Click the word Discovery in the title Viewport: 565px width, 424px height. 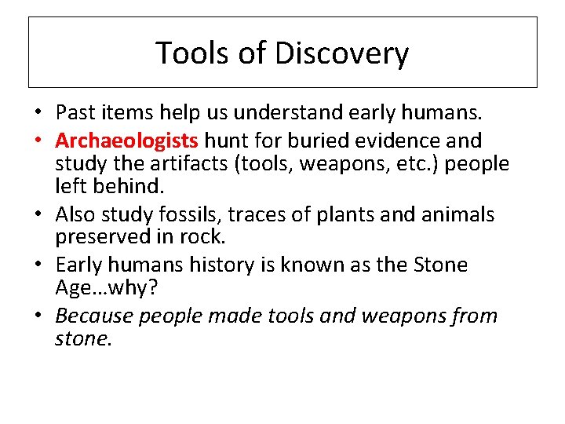[x=342, y=53]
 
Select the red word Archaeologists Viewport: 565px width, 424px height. [x=127, y=141]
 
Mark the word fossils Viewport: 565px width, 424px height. [x=185, y=214]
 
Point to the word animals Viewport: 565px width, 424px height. [x=457, y=214]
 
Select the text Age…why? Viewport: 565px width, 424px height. [x=107, y=288]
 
